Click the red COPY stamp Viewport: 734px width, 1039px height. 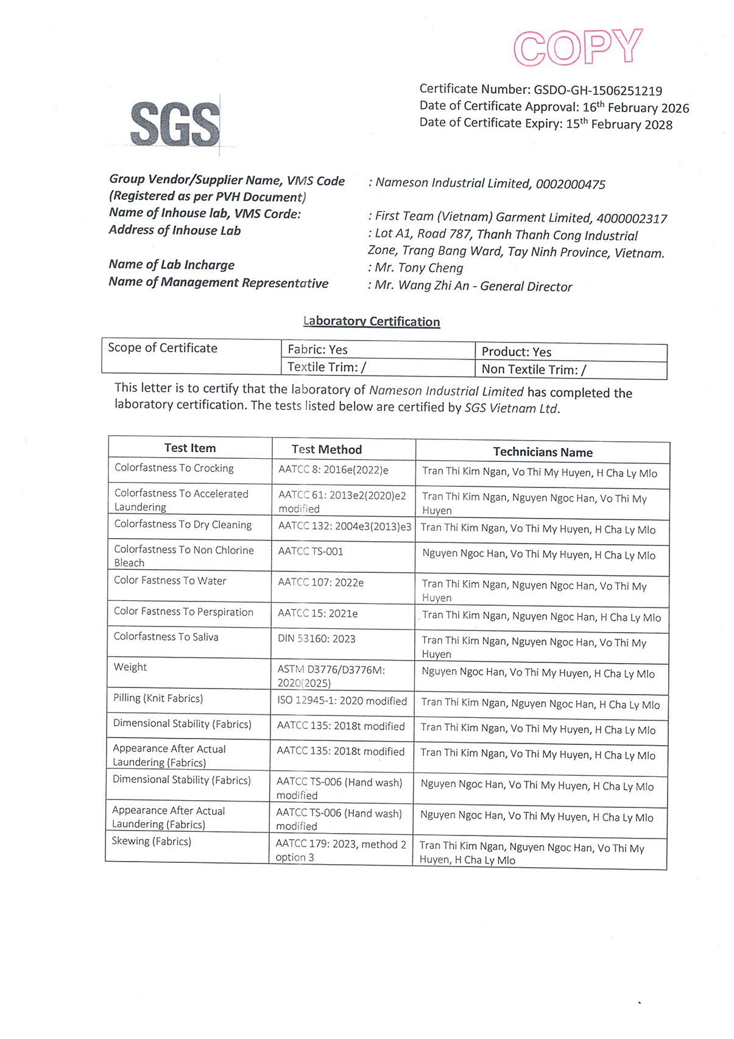[x=577, y=47]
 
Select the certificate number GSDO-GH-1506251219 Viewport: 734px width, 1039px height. [x=598, y=91]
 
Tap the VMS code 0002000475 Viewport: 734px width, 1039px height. [x=570, y=184]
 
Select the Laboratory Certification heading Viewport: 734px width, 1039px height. [x=372, y=321]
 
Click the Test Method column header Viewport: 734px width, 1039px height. [x=326, y=450]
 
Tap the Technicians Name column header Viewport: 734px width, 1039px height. [x=543, y=452]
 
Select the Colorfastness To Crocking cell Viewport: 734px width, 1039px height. [x=174, y=468]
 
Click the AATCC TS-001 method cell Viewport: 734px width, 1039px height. [x=311, y=551]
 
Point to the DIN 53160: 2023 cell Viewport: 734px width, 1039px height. [x=317, y=639]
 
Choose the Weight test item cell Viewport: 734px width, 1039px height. [x=130, y=667]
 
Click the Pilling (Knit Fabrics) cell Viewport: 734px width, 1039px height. [x=158, y=698]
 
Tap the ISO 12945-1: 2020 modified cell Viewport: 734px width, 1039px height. [x=342, y=701]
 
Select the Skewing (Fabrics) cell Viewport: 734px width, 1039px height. [x=152, y=842]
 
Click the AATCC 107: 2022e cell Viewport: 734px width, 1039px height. [x=321, y=583]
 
